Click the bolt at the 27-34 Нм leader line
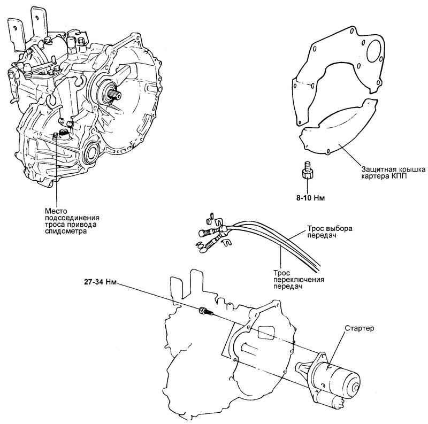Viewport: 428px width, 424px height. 205,311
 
